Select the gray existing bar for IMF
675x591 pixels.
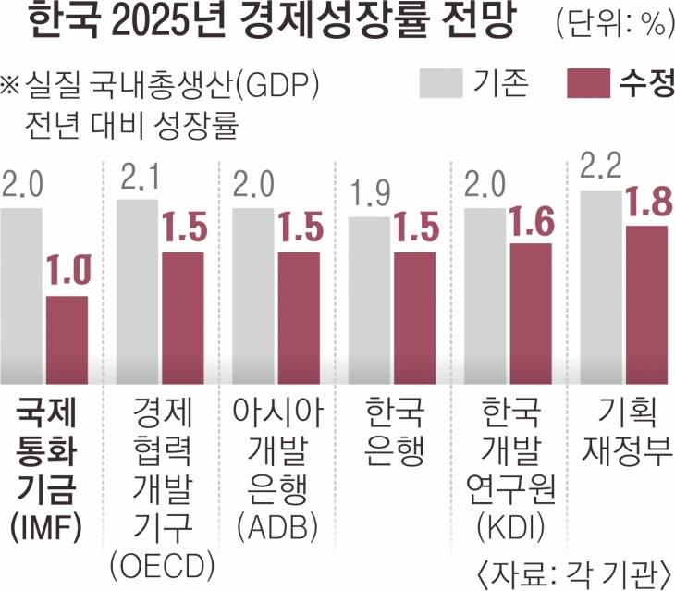[x=21, y=295]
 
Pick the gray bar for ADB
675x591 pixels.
[x=252, y=295]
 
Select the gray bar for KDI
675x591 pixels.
[x=485, y=295]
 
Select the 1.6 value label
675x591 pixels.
[x=531, y=222]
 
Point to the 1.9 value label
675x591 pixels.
[x=369, y=196]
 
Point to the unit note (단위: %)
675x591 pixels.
[x=614, y=25]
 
